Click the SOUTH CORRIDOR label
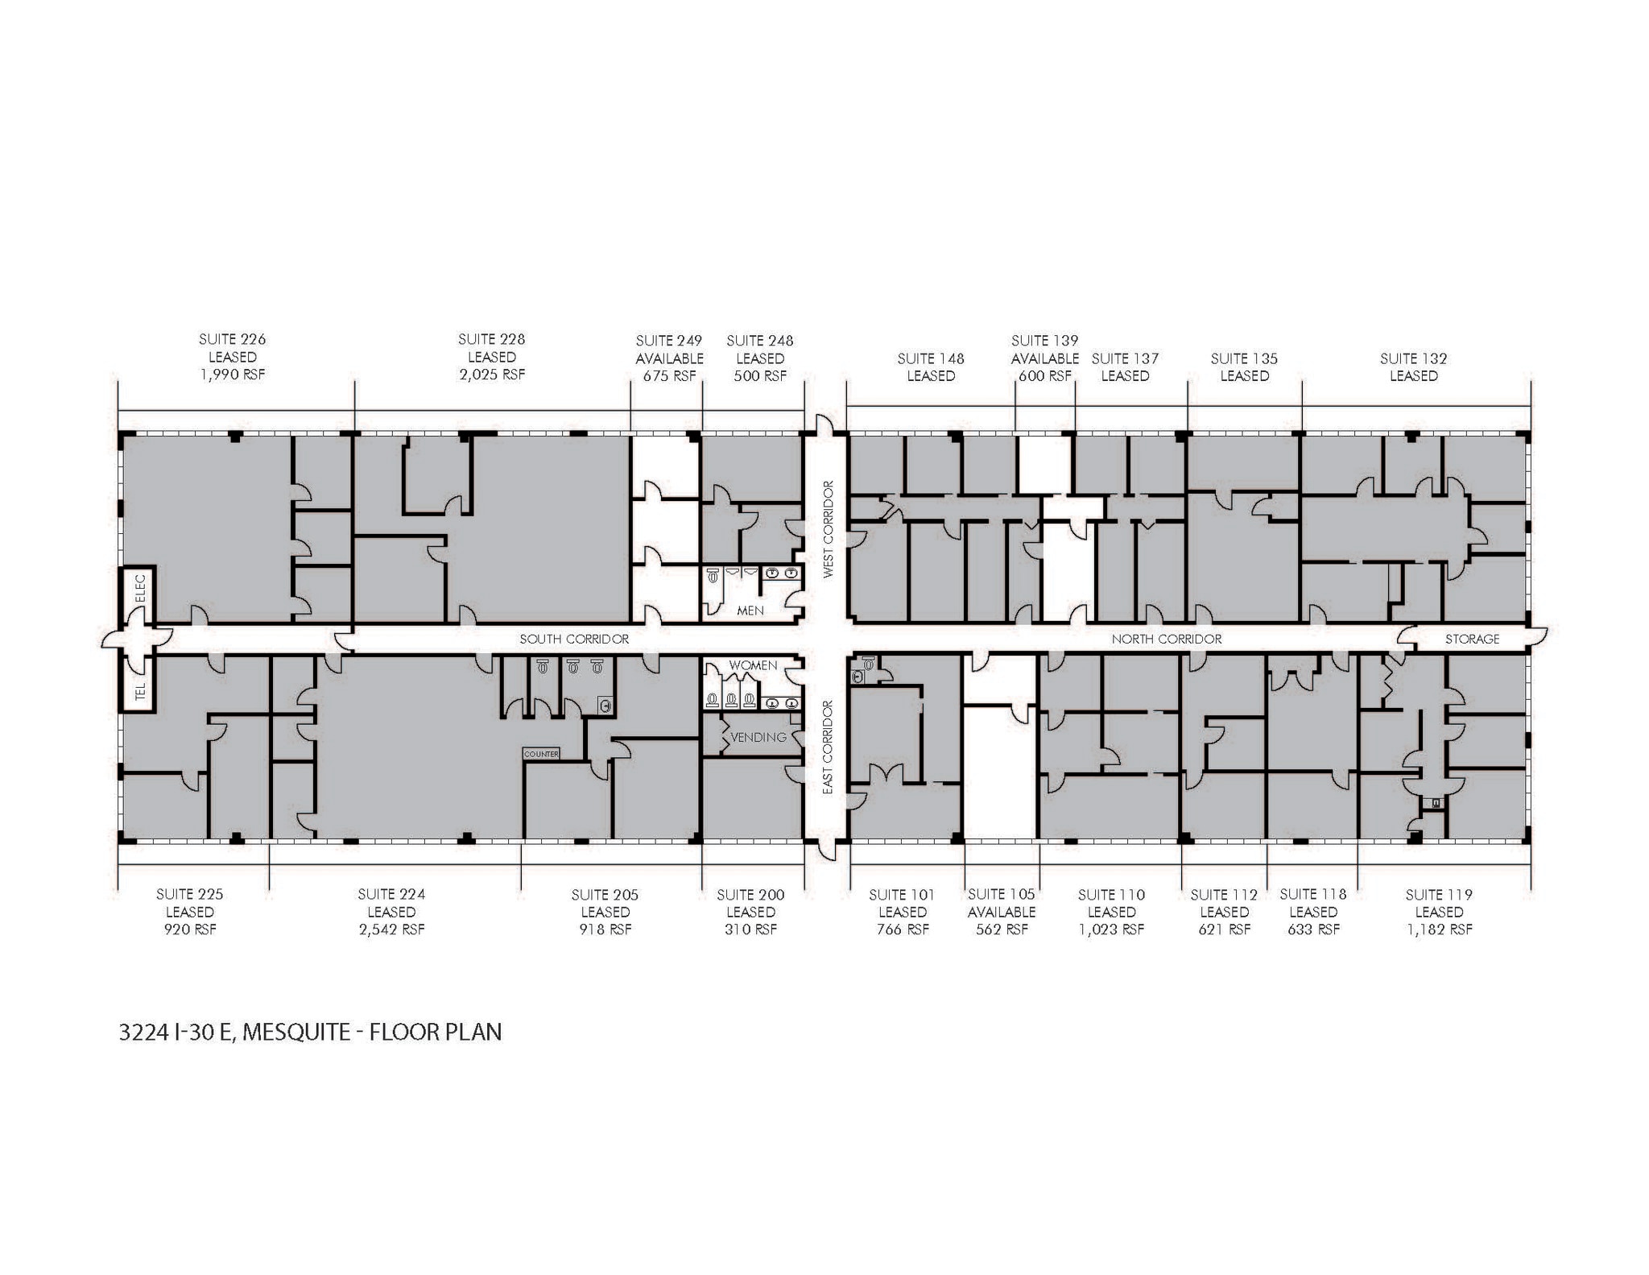coord(573,639)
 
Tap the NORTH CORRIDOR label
coord(1166,639)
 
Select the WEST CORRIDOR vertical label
coord(828,529)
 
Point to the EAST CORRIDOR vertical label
coord(828,748)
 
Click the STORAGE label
coord(1472,639)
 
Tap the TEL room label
coord(139,691)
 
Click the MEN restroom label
coord(750,611)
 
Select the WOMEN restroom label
coord(753,665)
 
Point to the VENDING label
coord(758,737)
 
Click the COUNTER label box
coord(541,754)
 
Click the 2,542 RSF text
coord(392,929)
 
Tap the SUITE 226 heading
coord(232,339)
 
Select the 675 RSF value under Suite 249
coord(669,375)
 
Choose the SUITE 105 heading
coord(1001,894)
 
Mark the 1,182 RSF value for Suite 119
coord(1439,929)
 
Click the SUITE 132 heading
coord(1413,358)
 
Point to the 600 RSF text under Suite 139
coord(1044,375)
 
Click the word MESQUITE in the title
coord(295,1033)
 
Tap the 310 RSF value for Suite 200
coord(750,929)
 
